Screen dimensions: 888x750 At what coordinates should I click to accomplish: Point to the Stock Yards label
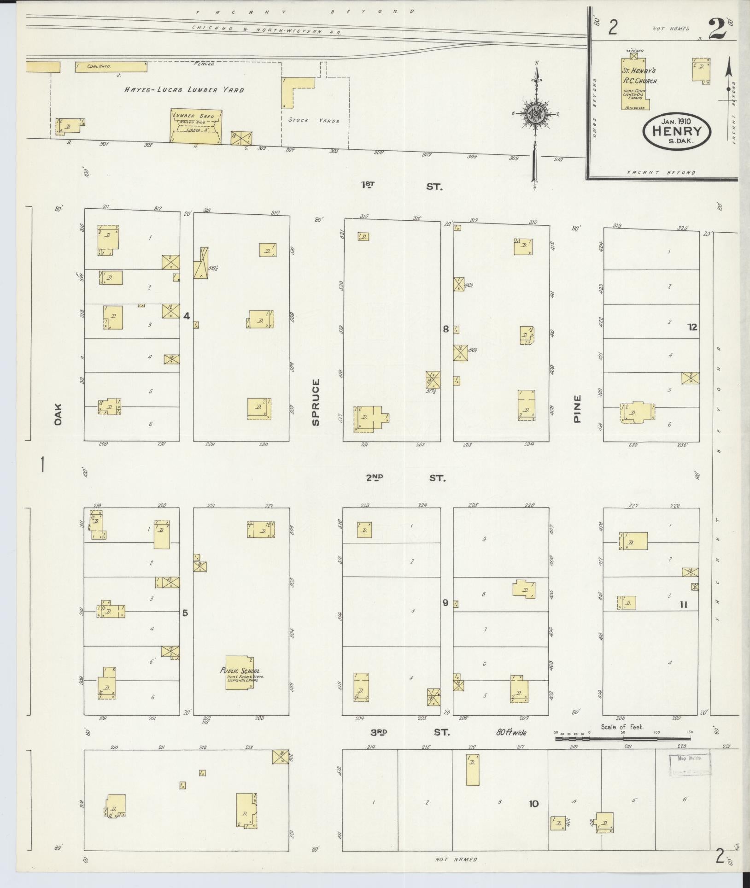(314, 121)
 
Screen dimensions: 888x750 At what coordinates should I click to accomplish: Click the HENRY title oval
(677, 131)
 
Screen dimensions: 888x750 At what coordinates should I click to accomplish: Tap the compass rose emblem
(536, 113)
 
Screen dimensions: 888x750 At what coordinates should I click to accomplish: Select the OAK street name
(58, 414)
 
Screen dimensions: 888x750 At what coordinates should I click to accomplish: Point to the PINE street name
(578, 409)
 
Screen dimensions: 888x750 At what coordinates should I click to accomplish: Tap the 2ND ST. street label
(405, 478)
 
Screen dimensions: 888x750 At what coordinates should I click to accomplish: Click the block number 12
(692, 327)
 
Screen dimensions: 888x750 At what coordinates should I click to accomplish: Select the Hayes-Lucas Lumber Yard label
(184, 90)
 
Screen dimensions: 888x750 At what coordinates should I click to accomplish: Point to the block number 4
(187, 316)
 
